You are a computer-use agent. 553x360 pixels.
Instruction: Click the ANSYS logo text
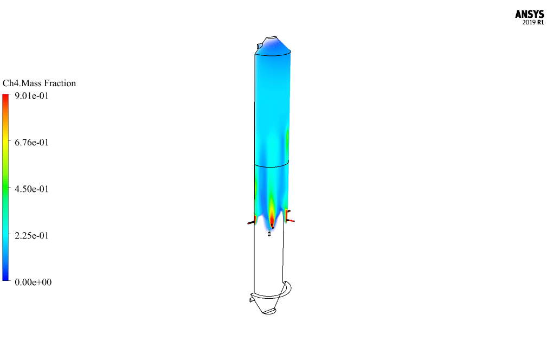click(x=529, y=14)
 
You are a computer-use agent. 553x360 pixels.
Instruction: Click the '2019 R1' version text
click(x=533, y=23)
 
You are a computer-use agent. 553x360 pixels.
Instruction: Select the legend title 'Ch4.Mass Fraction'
click(x=39, y=83)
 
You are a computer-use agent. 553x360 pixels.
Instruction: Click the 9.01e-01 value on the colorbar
click(x=32, y=96)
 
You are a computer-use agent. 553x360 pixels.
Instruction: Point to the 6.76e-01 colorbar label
click(x=32, y=143)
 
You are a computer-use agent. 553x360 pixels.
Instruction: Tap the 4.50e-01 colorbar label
click(x=32, y=189)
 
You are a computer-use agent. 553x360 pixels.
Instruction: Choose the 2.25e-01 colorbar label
click(x=32, y=235)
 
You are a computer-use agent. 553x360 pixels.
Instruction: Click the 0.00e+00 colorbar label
click(x=33, y=282)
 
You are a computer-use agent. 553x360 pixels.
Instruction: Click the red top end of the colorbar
click(x=5, y=96)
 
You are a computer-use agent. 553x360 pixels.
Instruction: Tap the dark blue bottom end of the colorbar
click(x=5, y=279)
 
